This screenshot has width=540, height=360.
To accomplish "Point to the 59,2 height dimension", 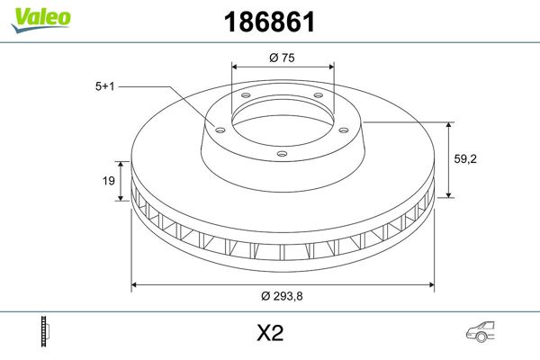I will [465, 158].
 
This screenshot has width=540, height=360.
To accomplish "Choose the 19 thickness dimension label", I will [107, 182].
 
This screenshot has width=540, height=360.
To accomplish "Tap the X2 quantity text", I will [269, 334].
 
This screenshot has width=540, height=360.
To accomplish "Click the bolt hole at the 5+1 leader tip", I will [218, 128].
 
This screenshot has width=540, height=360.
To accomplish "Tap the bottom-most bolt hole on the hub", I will [282, 154].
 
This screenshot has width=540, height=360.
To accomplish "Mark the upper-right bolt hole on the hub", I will [319, 97].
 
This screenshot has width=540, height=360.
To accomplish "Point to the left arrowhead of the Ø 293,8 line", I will [136, 285].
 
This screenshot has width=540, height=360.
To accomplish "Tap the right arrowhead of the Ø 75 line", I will [331, 66].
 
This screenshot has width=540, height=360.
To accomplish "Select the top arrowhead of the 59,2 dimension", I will [449, 124].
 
